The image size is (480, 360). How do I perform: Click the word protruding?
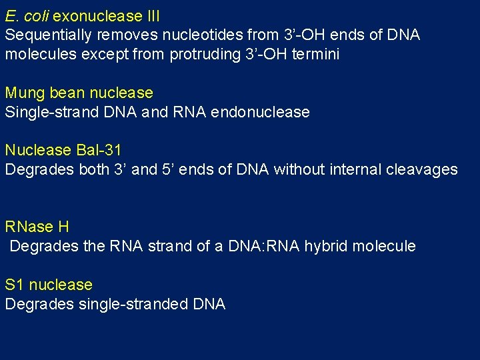click(207, 54)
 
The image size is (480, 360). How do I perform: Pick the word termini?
click(315, 54)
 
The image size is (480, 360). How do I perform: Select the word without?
click(297, 169)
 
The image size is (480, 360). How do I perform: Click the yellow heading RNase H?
click(37, 227)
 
